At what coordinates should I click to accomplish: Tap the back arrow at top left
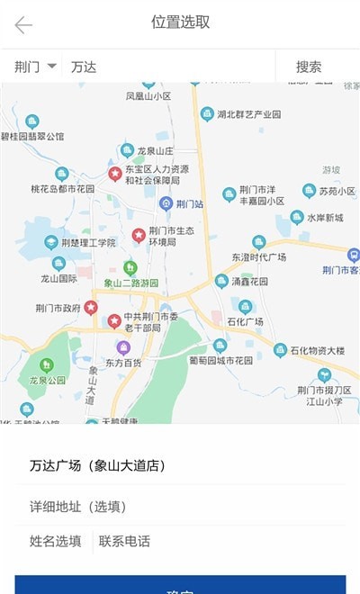click(23, 24)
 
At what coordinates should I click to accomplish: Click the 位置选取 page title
click(179, 22)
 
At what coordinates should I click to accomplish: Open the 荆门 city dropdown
click(36, 67)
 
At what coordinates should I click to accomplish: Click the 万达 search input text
click(84, 67)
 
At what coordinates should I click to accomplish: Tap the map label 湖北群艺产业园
click(248, 114)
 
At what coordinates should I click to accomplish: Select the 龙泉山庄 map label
click(154, 151)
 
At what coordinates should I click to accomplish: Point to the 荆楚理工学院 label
click(87, 243)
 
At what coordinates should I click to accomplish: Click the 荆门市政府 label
click(58, 307)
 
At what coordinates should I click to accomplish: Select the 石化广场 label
click(245, 321)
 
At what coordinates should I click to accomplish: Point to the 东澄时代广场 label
click(258, 256)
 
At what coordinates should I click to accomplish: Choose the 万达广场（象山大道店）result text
click(97, 465)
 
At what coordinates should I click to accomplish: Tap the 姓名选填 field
click(55, 541)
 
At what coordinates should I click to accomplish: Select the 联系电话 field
click(124, 541)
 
